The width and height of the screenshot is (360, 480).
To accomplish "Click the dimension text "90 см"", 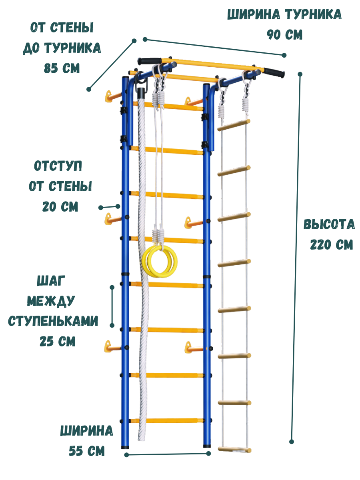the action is point(284,34).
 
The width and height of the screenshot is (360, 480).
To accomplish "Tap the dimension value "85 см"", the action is point(62,68).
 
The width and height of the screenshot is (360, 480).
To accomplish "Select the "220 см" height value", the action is point(332,244).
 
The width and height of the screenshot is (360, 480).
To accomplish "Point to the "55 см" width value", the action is point(87,451).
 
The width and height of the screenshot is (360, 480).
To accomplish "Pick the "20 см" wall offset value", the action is point(60,206).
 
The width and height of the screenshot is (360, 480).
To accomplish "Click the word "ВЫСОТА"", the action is point(329,224).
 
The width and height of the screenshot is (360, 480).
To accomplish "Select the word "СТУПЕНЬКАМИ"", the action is point(53,321).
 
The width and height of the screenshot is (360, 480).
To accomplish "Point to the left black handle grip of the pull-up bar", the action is point(150,61).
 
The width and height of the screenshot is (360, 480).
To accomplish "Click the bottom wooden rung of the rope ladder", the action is point(234,450).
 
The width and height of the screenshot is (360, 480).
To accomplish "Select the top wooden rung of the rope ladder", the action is point(234,124).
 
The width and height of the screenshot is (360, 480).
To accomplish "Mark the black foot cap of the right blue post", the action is point(207,445).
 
